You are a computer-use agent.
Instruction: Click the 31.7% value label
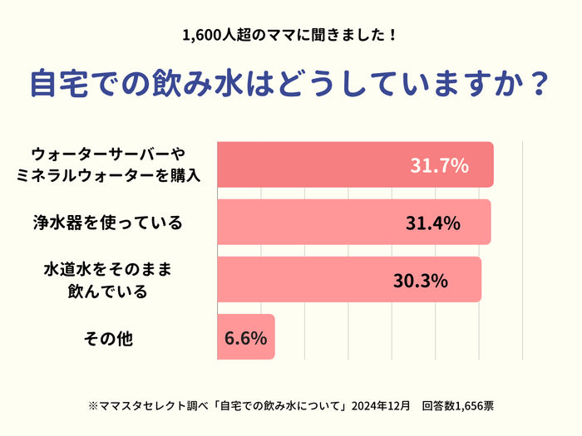[439, 165]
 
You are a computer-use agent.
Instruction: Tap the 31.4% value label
[433, 223]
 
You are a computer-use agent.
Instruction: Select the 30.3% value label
[421, 280]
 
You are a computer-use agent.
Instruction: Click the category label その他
[109, 338]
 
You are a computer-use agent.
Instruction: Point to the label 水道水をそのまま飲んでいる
[107, 281]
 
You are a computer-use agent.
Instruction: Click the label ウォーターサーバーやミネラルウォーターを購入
[108, 165]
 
